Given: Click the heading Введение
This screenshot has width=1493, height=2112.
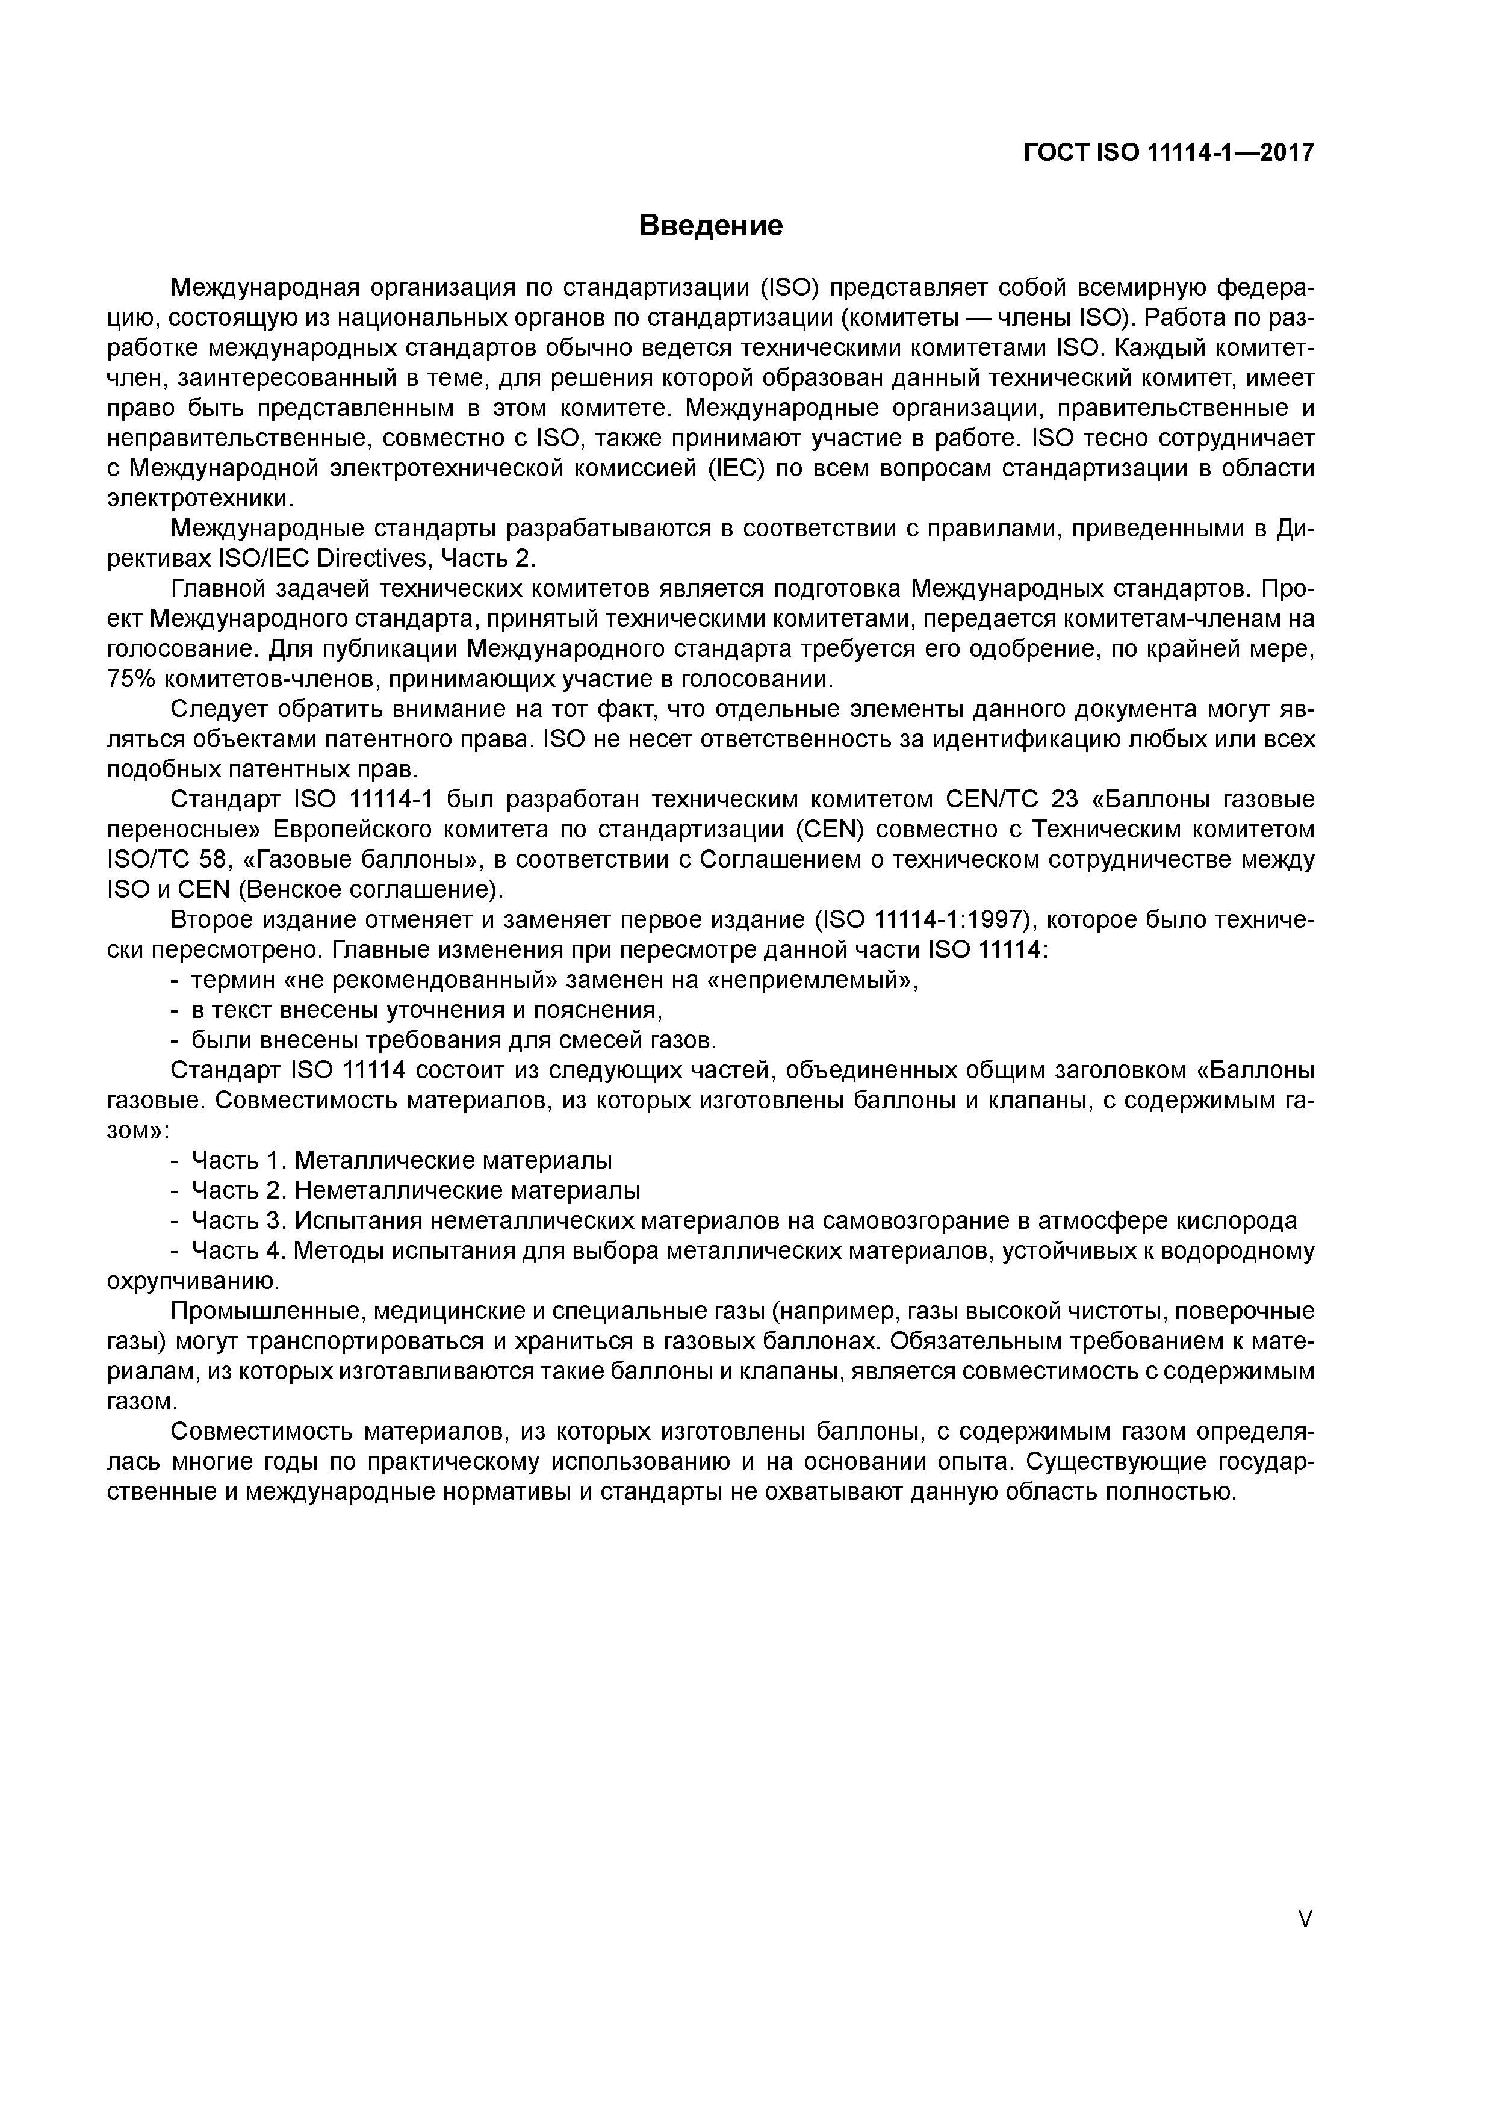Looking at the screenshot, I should point(710,225).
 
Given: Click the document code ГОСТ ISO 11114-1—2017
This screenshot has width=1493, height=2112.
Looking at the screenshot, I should point(1169,153).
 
